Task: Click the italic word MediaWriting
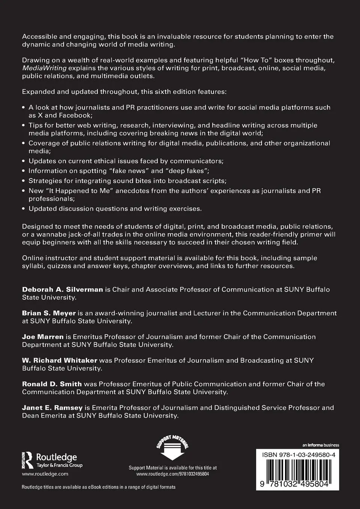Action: pyautogui.click(x=44, y=68)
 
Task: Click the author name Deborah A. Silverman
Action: pyautogui.click(x=62, y=289)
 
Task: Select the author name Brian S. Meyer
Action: pyautogui.click(x=49, y=313)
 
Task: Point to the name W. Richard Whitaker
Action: pyautogui.click(x=60, y=360)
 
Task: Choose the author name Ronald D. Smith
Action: pyautogui.click(x=52, y=384)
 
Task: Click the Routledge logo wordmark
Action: pyautogui.click(x=56, y=457)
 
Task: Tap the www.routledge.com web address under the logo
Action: pyautogui.click(x=45, y=473)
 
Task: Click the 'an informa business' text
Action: pyautogui.click(x=321, y=445)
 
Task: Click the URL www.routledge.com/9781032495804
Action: pyautogui.click(x=172, y=473)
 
